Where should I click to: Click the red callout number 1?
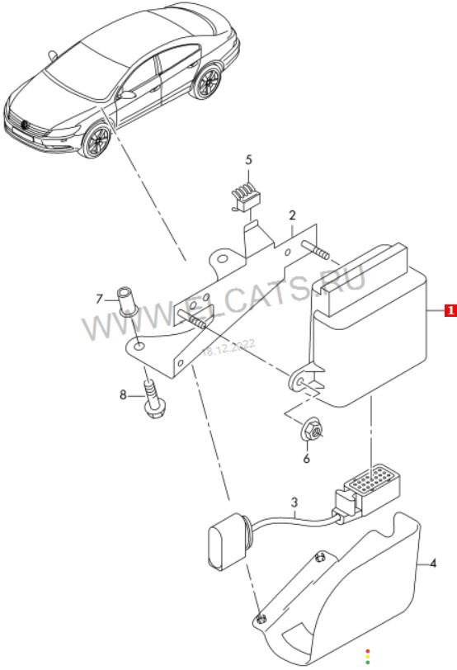point(450,310)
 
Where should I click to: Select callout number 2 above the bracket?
point(292,215)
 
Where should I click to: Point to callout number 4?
point(433,564)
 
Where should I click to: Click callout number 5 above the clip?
point(248,160)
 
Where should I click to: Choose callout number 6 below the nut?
point(306,459)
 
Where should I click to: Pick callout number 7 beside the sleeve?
point(99,299)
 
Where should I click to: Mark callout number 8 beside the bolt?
point(123,394)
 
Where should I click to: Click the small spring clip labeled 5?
point(246,198)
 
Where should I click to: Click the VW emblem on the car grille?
point(24,125)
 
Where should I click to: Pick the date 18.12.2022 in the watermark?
point(228,348)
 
